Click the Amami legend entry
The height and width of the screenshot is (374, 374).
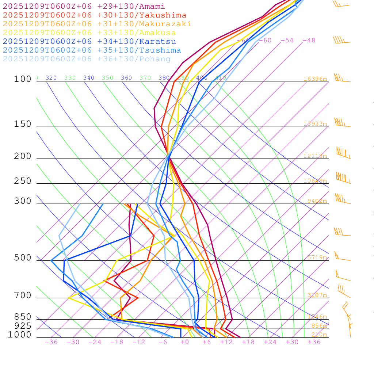(x=84, y=7)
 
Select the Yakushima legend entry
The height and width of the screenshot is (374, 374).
(x=95, y=15)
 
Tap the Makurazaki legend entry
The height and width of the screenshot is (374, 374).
(x=97, y=24)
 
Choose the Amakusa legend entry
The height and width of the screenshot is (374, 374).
(x=89, y=33)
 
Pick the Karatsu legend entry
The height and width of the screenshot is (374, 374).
(x=89, y=42)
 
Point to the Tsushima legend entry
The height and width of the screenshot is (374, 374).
(x=92, y=50)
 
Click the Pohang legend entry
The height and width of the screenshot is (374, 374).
(x=87, y=59)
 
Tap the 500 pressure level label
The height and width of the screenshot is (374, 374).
(x=23, y=258)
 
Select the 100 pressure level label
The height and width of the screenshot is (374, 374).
(x=23, y=79)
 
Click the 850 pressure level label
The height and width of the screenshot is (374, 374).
(x=23, y=317)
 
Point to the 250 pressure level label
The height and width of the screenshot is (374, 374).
(x=23, y=181)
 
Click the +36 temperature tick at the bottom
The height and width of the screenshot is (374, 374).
(x=314, y=342)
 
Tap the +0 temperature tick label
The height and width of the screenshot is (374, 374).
(x=184, y=342)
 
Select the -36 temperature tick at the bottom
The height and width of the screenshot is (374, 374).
(x=51, y=342)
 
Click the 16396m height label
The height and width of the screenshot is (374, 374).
(x=315, y=79)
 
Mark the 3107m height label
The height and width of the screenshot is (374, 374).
(x=317, y=295)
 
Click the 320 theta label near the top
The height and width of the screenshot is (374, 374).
(x=51, y=78)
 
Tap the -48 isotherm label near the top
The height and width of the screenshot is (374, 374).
(x=309, y=41)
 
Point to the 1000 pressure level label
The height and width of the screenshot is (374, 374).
(x=19, y=335)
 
